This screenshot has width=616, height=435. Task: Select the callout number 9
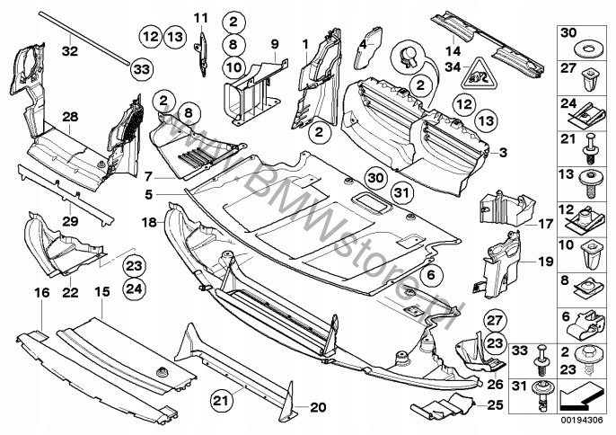(275, 42)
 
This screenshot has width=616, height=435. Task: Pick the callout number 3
(503, 151)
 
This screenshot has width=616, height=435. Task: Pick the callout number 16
(40, 293)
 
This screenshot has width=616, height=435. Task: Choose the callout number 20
(316, 407)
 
